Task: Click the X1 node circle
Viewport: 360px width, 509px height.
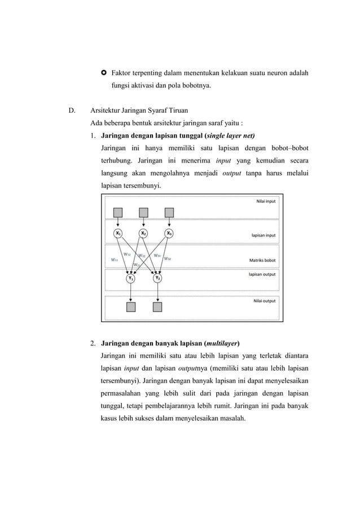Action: pyautogui.click(x=118, y=233)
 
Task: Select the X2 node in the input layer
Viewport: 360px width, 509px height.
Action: pyautogui.click(x=143, y=233)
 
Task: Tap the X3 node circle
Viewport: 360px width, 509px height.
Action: pyautogui.click(x=169, y=233)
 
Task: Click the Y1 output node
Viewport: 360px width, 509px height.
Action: pyautogui.click(x=131, y=278)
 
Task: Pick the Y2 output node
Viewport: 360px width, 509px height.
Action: pyautogui.click(x=157, y=278)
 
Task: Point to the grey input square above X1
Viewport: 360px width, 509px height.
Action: pyautogui.click(x=118, y=212)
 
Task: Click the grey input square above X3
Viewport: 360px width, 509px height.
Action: pyautogui.click(x=169, y=212)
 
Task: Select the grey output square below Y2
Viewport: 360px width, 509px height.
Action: pyautogui.click(x=157, y=307)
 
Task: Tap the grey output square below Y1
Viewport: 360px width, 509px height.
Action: pyautogui.click(x=131, y=307)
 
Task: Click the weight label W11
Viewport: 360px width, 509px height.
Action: pyautogui.click(x=115, y=260)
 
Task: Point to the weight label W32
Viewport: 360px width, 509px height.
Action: pyautogui.click(x=168, y=258)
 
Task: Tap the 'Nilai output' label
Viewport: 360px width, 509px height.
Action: pyautogui.click(x=265, y=301)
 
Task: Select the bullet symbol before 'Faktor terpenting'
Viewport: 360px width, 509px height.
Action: pyautogui.click(x=104, y=73)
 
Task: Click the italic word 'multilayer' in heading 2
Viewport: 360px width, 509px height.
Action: pyautogui.click(x=222, y=343)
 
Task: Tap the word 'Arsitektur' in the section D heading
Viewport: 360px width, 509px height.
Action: pyautogui.click(x=106, y=109)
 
